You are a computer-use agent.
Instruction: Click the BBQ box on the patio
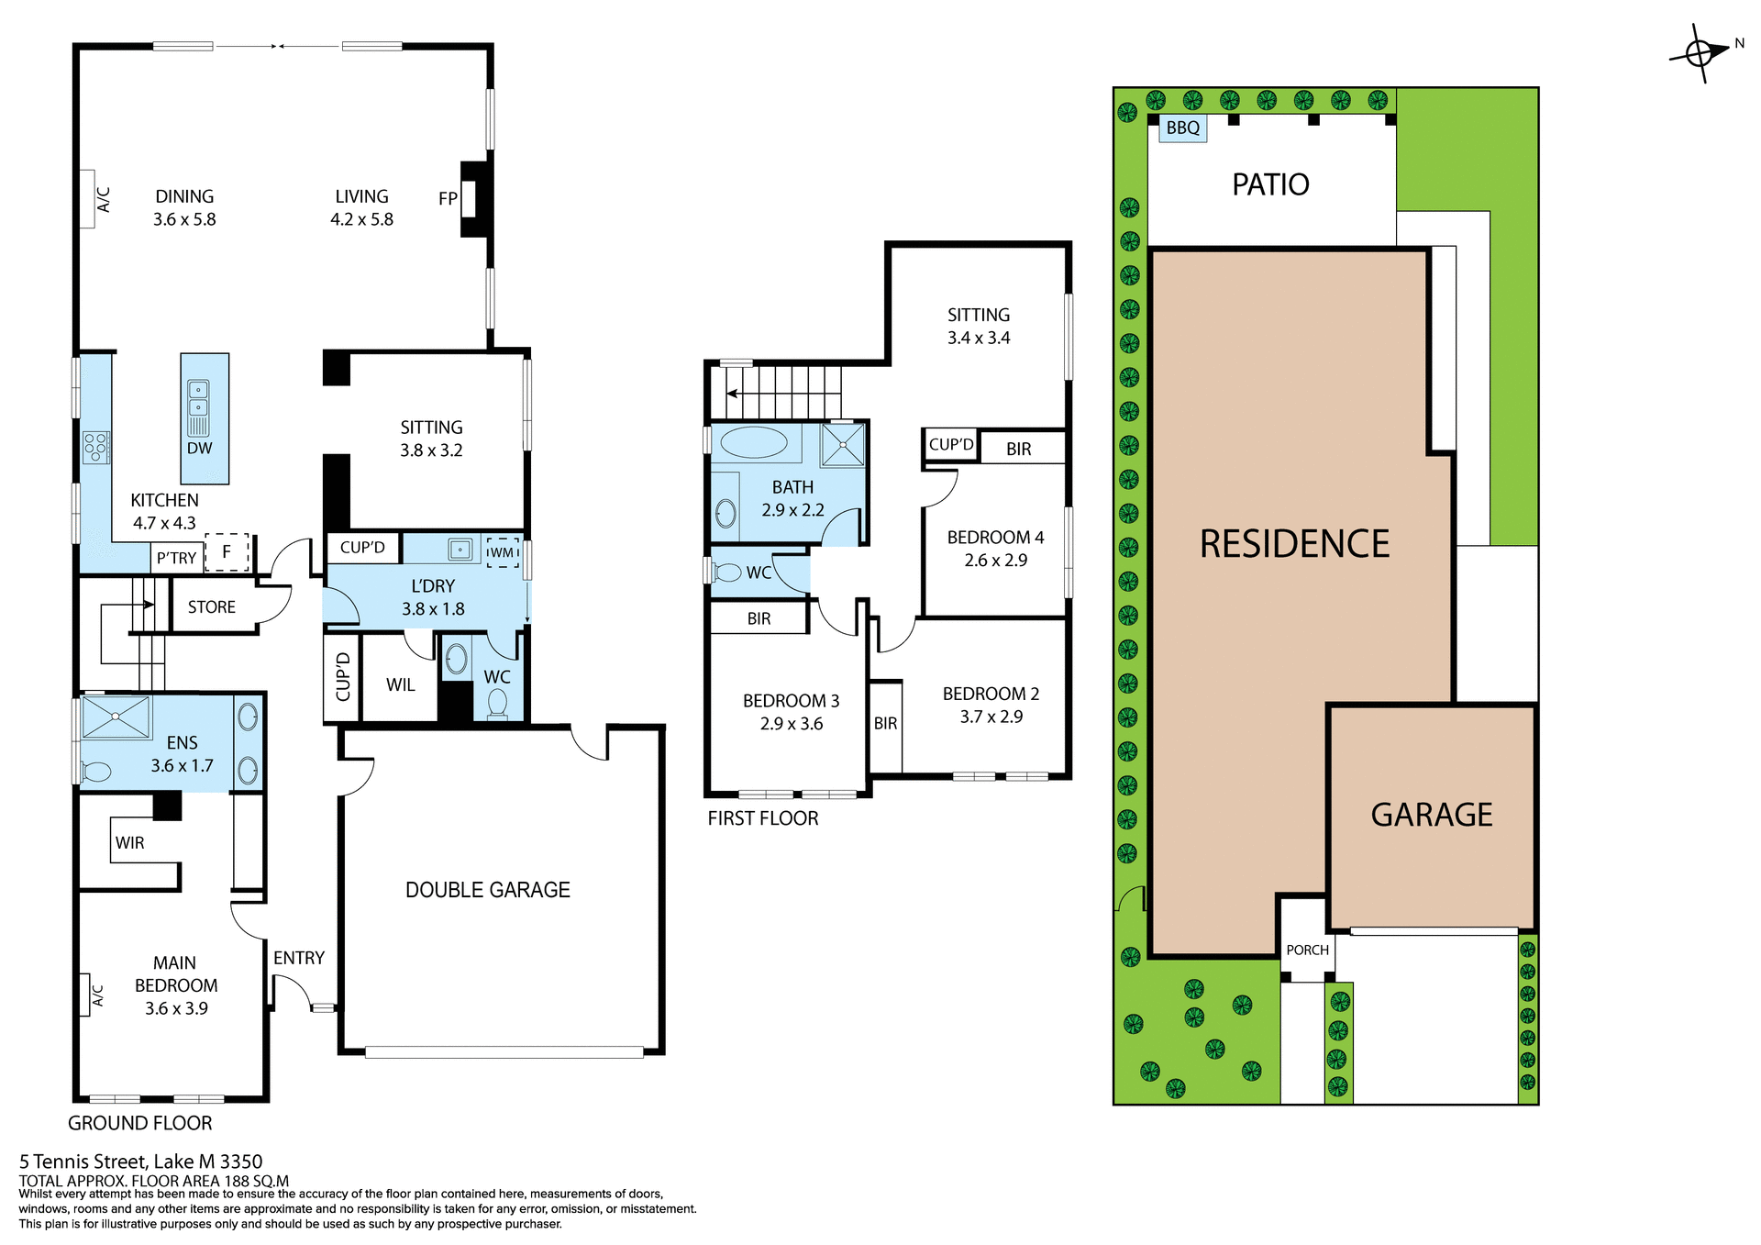click(1182, 128)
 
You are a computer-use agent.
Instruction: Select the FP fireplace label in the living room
click(448, 198)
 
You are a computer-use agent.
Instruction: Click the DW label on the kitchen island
click(199, 448)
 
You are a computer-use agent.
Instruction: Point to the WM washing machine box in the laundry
click(502, 552)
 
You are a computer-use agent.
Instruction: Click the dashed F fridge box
click(227, 552)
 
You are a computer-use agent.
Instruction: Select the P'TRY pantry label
click(176, 558)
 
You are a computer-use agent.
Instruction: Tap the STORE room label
click(212, 607)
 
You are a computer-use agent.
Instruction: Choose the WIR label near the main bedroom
click(129, 842)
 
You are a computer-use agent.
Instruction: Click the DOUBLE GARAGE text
click(487, 890)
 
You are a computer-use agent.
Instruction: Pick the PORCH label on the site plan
click(1307, 950)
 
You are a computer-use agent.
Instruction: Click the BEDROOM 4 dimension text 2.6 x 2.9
click(995, 560)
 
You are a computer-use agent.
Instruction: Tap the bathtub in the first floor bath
click(753, 443)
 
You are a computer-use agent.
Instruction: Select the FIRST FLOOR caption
click(762, 818)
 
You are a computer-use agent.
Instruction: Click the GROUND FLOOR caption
click(139, 1123)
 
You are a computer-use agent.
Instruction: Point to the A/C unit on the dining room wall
click(87, 199)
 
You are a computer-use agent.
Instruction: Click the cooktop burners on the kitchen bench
click(95, 447)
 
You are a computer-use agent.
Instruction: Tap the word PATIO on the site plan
click(1270, 184)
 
